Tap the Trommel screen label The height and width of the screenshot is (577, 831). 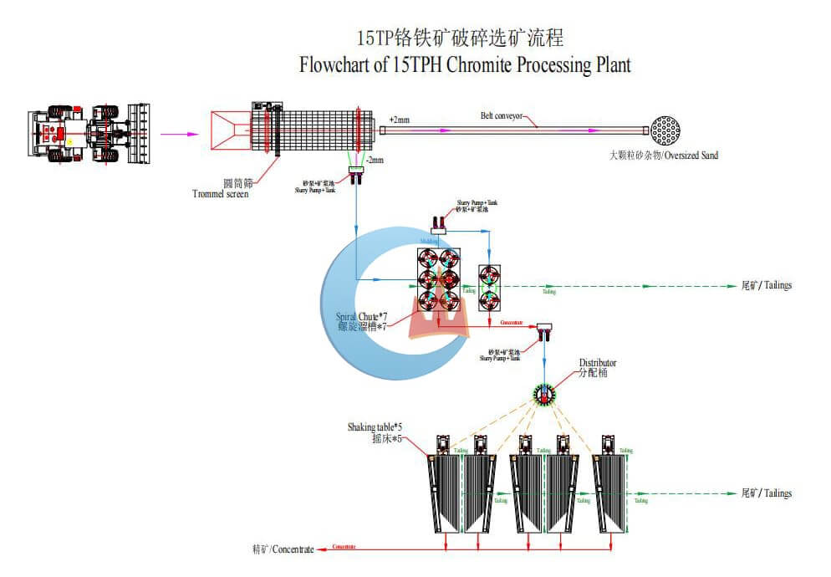pyautogui.click(x=220, y=194)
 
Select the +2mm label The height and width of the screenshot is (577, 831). pyautogui.click(x=400, y=120)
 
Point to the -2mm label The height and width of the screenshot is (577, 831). pyautogui.click(x=374, y=161)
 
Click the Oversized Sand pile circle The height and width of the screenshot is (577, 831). pyautogui.click(x=665, y=131)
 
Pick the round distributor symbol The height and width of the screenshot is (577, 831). pyautogui.click(x=547, y=393)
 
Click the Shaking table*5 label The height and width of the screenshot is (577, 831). pyautogui.click(x=375, y=427)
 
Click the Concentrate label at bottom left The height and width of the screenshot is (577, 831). pyautogui.click(x=283, y=549)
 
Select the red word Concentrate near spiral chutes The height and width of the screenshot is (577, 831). pyautogui.click(x=512, y=321)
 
